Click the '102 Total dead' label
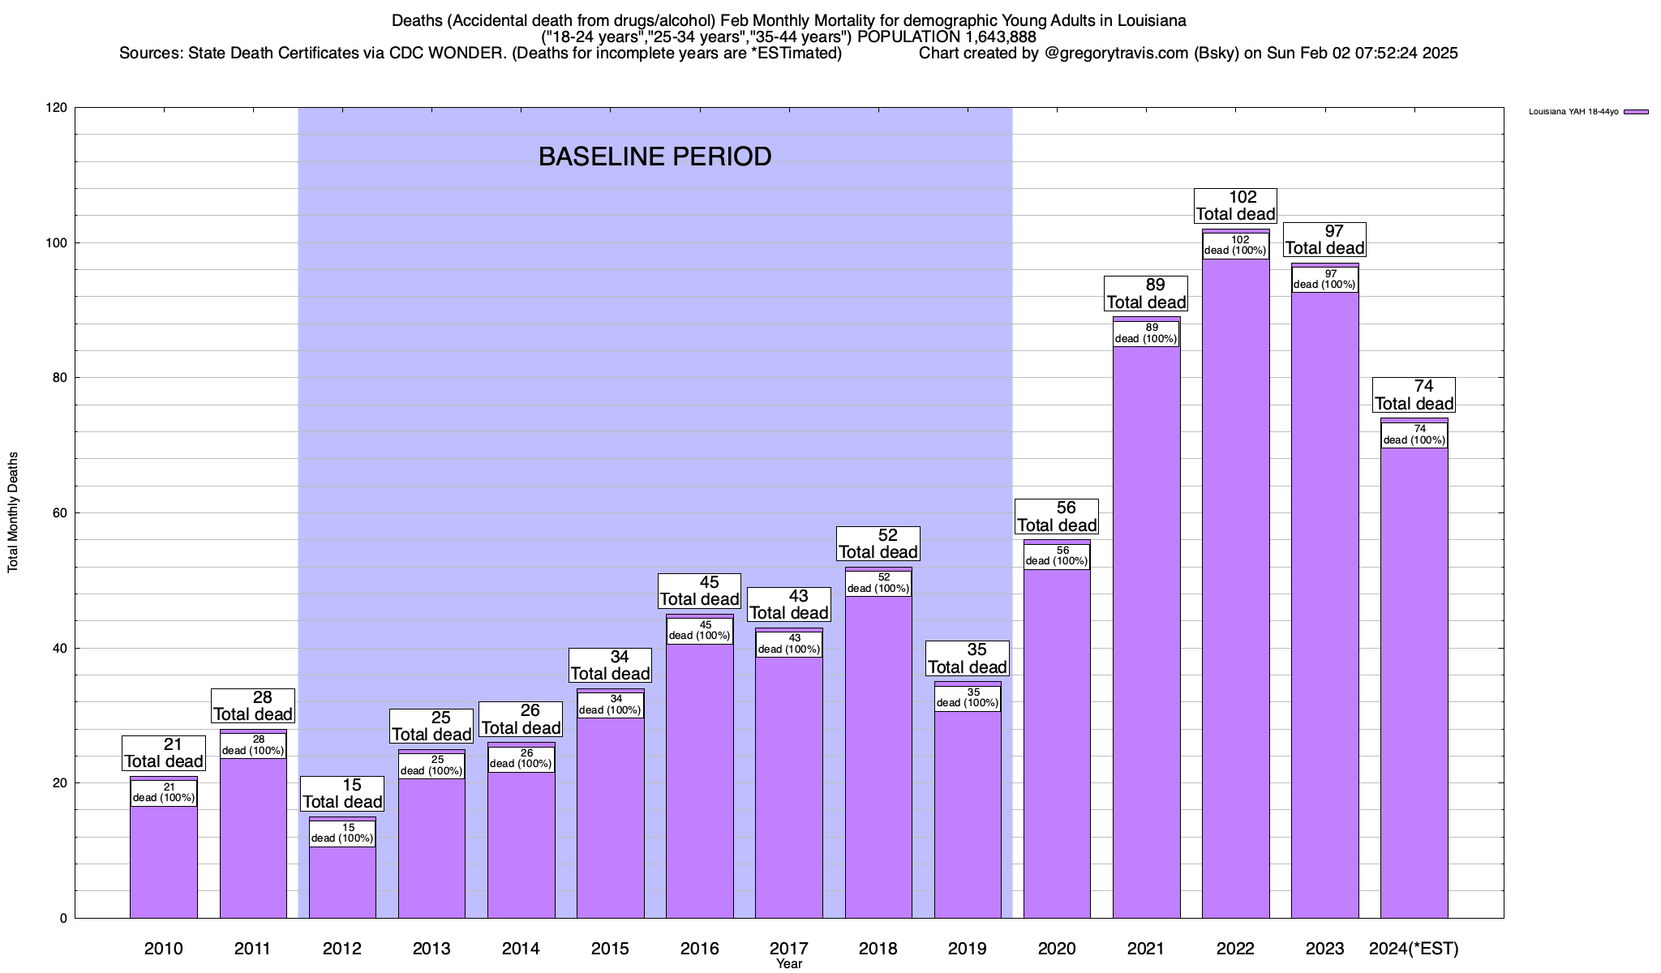(1236, 206)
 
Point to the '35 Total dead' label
(968, 658)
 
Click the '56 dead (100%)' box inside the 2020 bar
(1057, 556)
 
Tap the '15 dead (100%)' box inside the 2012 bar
(342, 834)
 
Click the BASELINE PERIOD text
(655, 157)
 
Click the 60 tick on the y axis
(60, 513)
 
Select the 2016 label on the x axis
(699, 949)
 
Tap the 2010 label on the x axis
(164, 949)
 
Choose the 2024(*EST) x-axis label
(1414, 949)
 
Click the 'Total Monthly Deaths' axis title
(13, 512)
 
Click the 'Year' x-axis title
(788, 964)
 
